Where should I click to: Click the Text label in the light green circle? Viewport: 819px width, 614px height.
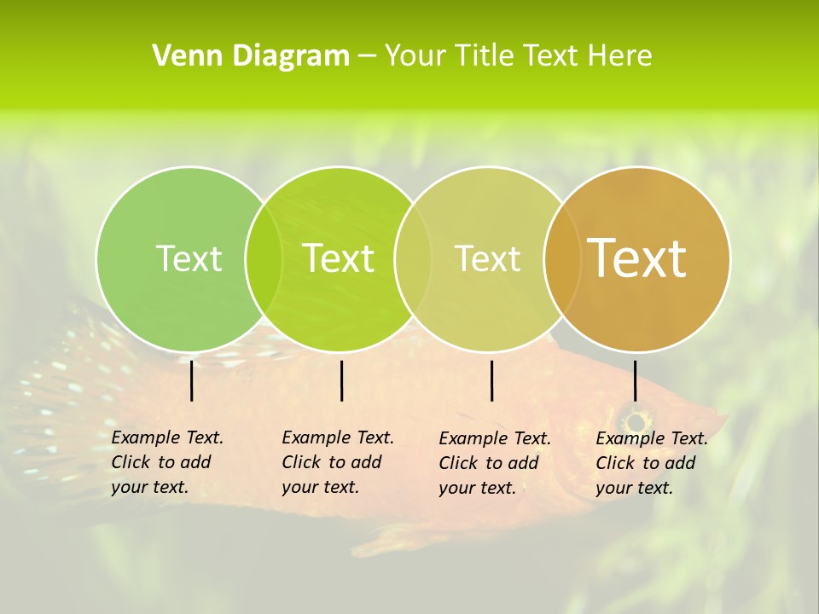click(x=189, y=258)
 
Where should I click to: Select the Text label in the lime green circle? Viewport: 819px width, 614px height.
click(x=339, y=258)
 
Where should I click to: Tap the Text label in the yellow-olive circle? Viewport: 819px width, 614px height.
click(x=487, y=258)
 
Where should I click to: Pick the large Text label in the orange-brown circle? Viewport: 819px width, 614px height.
click(x=637, y=258)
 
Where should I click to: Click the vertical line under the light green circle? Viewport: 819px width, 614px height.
click(x=192, y=380)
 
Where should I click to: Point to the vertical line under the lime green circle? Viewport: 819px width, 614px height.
click(x=341, y=380)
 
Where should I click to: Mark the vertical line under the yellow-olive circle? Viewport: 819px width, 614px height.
click(x=492, y=380)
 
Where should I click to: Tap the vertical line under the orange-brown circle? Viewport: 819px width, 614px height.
click(x=636, y=380)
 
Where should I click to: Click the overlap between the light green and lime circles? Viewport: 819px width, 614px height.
click(x=264, y=259)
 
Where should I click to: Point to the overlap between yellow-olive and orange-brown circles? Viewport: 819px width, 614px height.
click(x=562, y=259)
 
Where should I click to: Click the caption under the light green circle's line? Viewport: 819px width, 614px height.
click(x=166, y=462)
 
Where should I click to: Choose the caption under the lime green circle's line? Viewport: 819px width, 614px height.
click(x=337, y=462)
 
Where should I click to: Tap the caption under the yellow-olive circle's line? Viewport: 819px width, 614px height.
click(x=494, y=463)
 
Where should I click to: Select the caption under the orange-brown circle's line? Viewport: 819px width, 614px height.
click(x=651, y=463)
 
